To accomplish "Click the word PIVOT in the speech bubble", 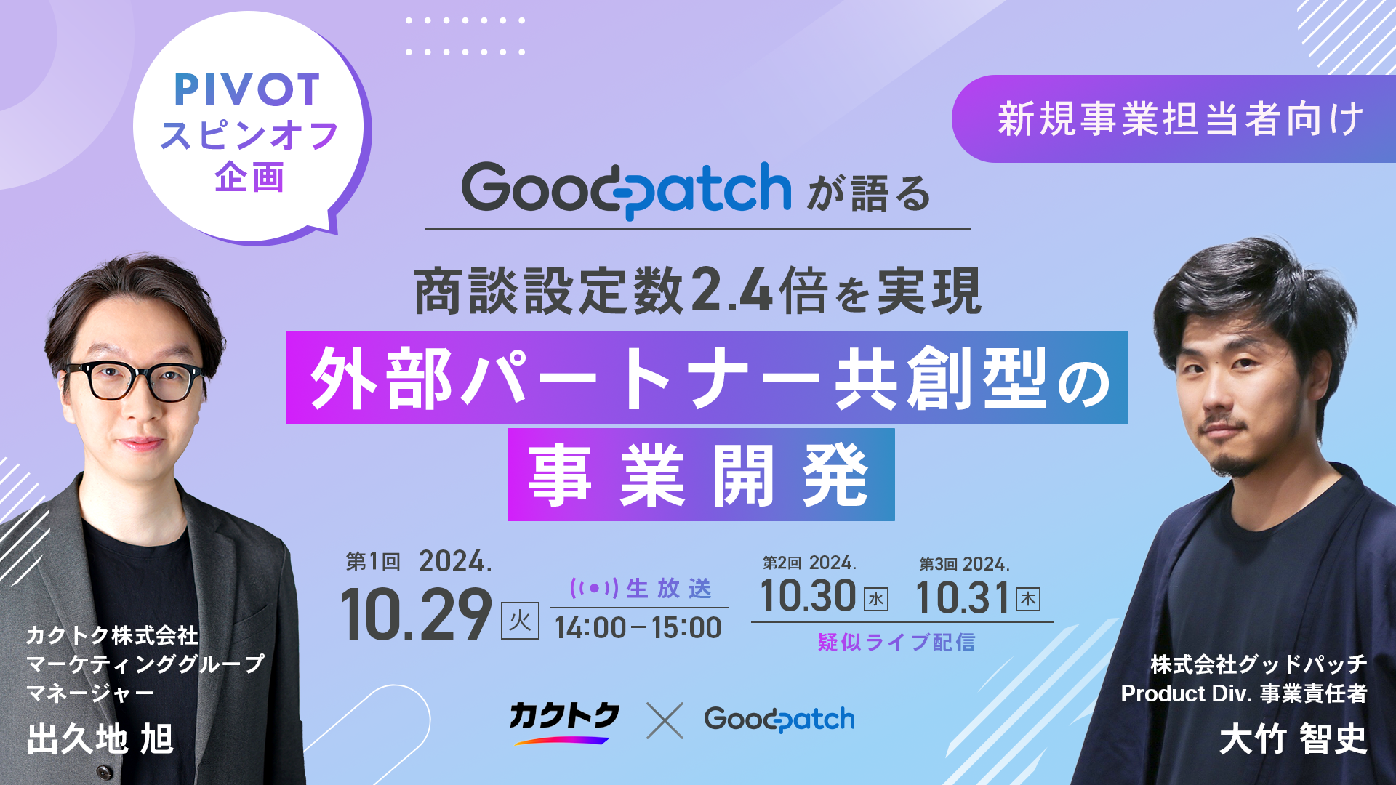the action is point(247,89).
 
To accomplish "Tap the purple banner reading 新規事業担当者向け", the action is point(1174,118).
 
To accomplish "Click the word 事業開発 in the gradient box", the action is point(699,475).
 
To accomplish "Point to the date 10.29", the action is point(417,615).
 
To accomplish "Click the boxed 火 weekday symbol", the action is point(520,621).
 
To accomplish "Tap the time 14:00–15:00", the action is point(638,628).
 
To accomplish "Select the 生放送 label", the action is point(669,588).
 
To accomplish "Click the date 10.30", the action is point(808,596).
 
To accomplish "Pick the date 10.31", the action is point(963,598).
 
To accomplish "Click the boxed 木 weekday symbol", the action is point(1028,599).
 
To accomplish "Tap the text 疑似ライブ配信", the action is point(896,643).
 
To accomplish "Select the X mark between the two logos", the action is point(665,720).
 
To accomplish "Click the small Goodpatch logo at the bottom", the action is point(779,719).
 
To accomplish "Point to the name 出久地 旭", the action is point(100,739).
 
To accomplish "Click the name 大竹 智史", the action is point(1293,739).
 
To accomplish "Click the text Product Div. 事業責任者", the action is point(1244,693).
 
